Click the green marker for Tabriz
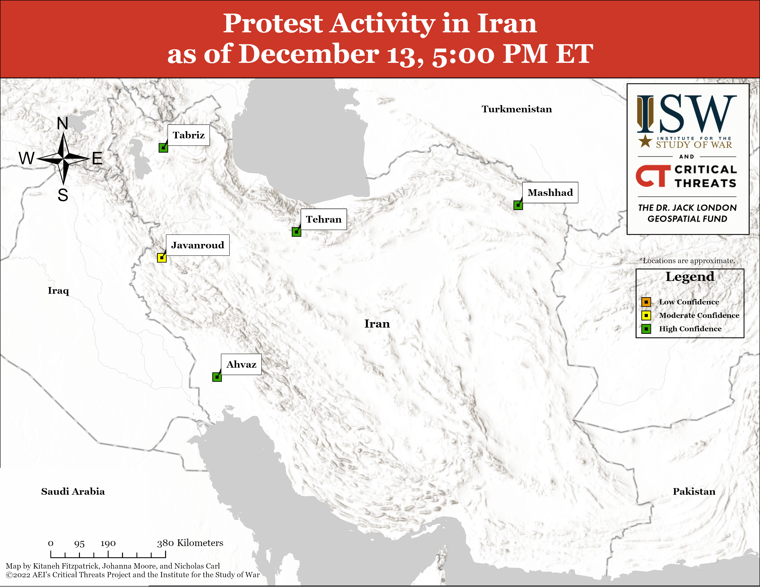(x=163, y=148)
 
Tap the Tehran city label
(x=324, y=219)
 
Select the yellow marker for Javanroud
(x=161, y=258)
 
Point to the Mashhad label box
(x=550, y=192)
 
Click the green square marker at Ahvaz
(x=217, y=377)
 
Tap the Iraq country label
(x=58, y=291)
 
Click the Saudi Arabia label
(x=73, y=491)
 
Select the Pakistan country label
(x=694, y=491)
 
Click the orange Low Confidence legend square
(x=646, y=302)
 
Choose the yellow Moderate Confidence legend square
(x=646, y=315)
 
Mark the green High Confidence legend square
(x=646, y=329)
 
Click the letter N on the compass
(x=63, y=123)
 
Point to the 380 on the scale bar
(x=165, y=543)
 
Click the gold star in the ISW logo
(x=646, y=141)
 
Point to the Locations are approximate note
(x=687, y=261)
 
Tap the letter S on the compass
(x=63, y=195)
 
